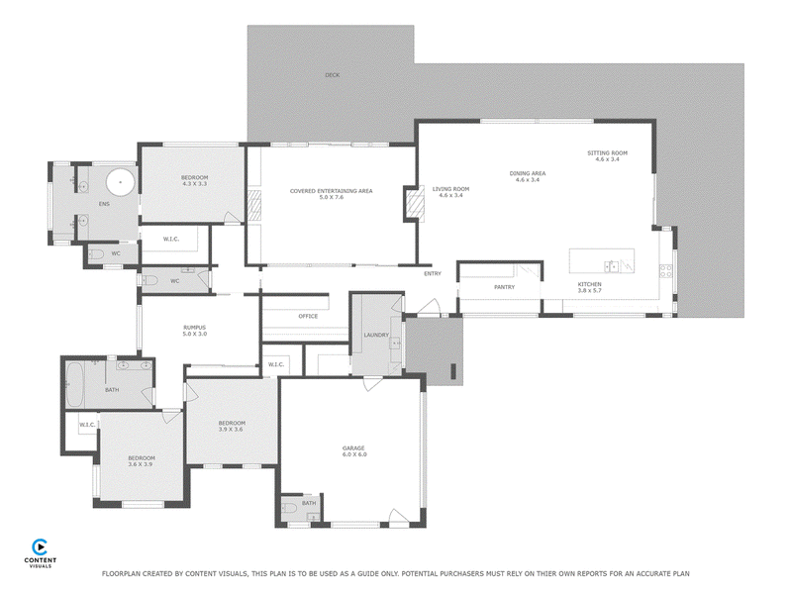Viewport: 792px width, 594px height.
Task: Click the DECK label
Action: [x=333, y=75]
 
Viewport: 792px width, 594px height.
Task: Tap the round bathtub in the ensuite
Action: [x=120, y=182]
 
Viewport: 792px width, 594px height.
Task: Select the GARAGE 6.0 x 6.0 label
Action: [x=354, y=451]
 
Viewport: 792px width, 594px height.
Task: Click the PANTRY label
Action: [x=504, y=287]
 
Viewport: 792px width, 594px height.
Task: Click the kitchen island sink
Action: [x=612, y=266]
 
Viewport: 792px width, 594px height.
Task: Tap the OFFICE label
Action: [x=308, y=316]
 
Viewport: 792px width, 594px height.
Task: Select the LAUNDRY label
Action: [x=376, y=335]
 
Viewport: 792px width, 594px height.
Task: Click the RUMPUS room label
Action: [x=194, y=331]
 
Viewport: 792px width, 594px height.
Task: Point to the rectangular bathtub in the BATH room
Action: [x=74, y=384]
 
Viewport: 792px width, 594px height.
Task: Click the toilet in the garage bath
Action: [x=290, y=508]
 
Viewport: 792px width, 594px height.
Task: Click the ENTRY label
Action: [x=433, y=273]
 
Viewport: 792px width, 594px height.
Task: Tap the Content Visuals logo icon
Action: [x=40, y=547]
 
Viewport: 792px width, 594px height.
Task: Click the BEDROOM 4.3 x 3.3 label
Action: [x=194, y=181]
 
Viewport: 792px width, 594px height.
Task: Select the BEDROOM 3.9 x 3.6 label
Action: [x=232, y=427]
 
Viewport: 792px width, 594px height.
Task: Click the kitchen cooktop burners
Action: [x=665, y=271]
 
